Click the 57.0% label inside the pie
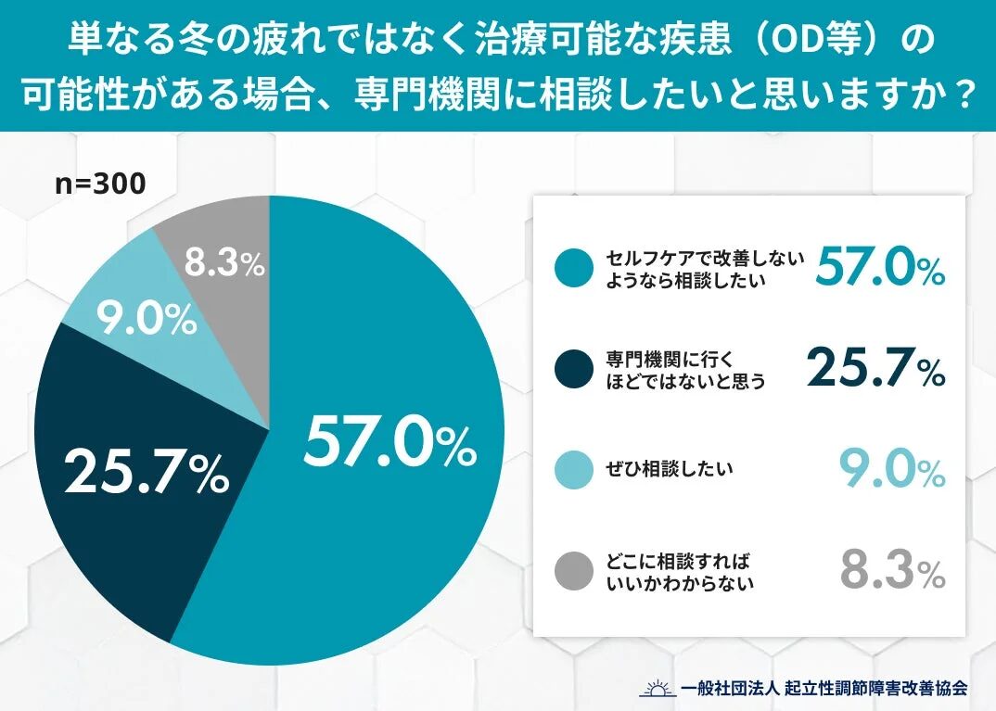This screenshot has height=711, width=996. (389, 442)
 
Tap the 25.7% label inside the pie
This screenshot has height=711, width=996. (147, 473)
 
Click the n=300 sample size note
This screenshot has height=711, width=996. (100, 184)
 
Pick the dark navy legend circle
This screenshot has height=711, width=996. (573, 370)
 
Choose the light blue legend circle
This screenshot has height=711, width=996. (573, 470)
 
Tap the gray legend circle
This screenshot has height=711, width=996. (573, 571)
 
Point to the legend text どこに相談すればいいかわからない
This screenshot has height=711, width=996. (678, 571)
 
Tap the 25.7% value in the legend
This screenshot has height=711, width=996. (875, 369)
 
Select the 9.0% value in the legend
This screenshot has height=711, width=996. (891, 470)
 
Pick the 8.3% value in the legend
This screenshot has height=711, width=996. (892, 570)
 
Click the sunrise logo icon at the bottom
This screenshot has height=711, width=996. (657, 688)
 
